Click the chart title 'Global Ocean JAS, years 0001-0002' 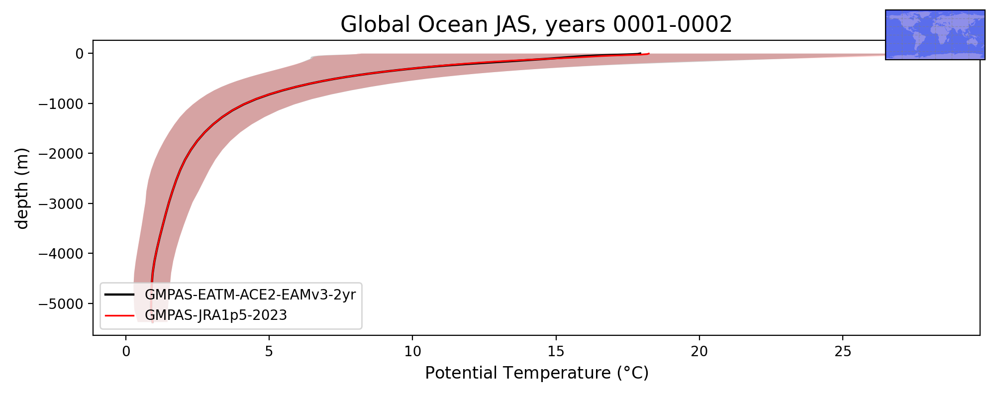pyautogui.click(x=536, y=24)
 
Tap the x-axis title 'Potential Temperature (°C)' pyautogui.click(x=537, y=373)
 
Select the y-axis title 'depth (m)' pyautogui.click(x=22, y=188)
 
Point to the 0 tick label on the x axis pyautogui.click(x=126, y=352)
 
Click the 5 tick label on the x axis pyautogui.click(x=269, y=352)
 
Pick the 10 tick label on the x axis pyautogui.click(x=412, y=352)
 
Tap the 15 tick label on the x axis pyautogui.click(x=556, y=352)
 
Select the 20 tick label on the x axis pyautogui.click(x=699, y=352)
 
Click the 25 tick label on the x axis pyautogui.click(x=842, y=352)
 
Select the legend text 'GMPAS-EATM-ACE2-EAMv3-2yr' pyautogui.click(x=250, y=295)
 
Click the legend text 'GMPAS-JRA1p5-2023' pyautogui.click(x=216, y=315)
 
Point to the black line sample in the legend pyautogui.click(x=119, y=295)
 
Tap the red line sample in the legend pyautogui.click(x=119, y=315)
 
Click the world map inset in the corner pyautogui.click(x=935, y=35)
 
